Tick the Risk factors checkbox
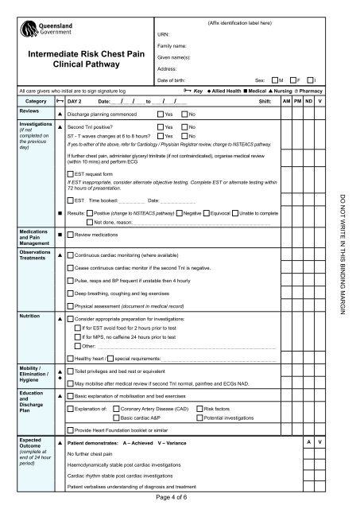[199, 408]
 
